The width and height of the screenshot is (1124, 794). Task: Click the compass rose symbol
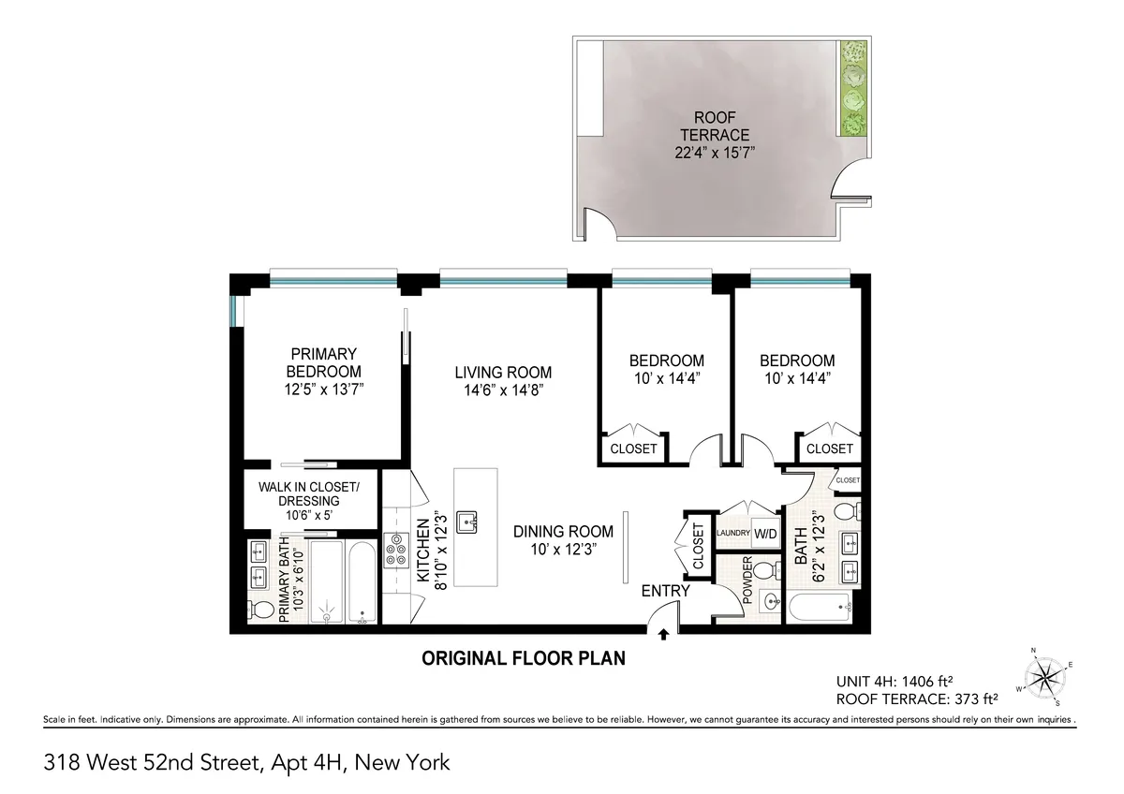(x=1043, y=675)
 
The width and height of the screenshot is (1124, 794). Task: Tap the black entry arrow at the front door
(x=664, y=635)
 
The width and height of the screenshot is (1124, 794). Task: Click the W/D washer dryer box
(x=766, y=535)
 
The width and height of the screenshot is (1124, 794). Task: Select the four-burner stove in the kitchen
(x=394, y=549)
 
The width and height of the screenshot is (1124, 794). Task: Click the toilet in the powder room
(x=763, y=570)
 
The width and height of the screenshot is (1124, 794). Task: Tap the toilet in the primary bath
(x=263, y=610)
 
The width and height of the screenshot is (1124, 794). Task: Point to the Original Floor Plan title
(x=524, y=658)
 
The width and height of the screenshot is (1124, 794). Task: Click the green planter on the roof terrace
(x=852, y=89)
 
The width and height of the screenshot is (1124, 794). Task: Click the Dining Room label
(x=563, y=531)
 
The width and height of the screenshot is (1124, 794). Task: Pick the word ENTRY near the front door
(x=665, y=591)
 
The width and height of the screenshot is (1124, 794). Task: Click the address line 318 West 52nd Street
(x=247, y=762)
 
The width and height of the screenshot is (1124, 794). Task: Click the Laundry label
(x=732, y=534)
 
